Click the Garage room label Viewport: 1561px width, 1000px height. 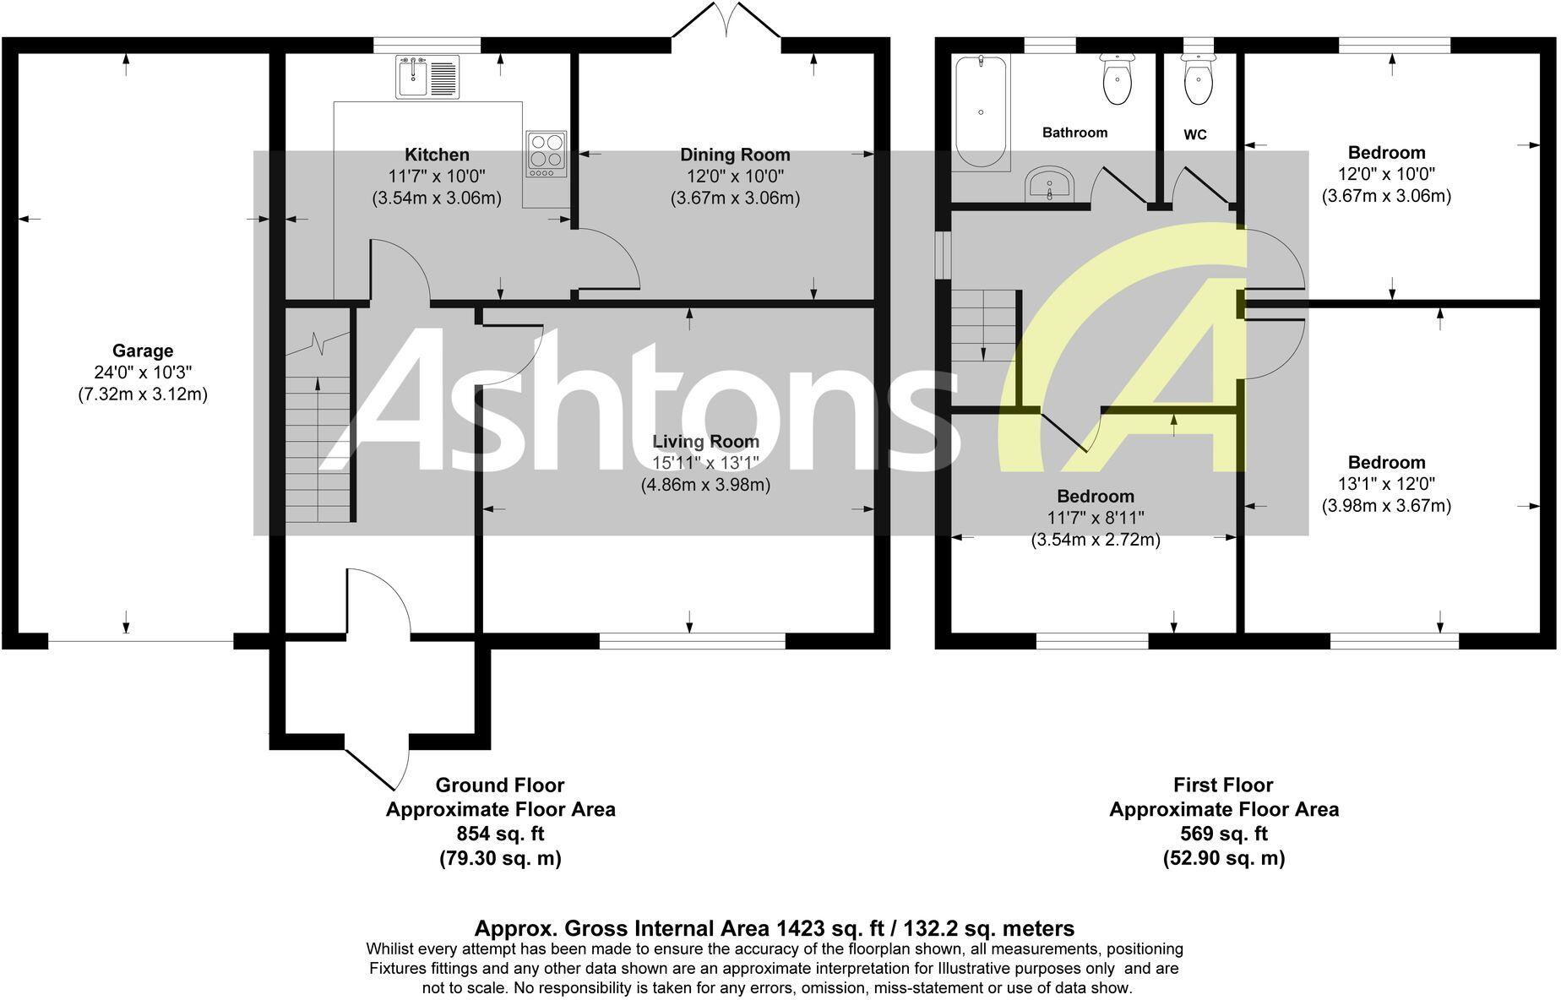click(143, 351)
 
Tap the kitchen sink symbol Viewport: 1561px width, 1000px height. click(427, 77)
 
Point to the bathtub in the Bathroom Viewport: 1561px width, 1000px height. click(980, 111)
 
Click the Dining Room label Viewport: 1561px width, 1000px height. click(735, 155)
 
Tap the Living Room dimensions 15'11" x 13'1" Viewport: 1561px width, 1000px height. click(705, 463)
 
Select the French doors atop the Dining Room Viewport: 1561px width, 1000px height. click(726, 21)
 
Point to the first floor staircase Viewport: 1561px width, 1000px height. click(985, 325)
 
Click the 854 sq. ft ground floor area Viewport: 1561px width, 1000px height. click(500, 834)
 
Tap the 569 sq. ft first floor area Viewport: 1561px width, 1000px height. click(1223, 834)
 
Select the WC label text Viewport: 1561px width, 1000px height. click(1194, 134)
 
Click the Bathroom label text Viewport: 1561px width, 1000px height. click(1074, 133)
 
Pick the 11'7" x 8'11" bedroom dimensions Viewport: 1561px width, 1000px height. click(1096, 518)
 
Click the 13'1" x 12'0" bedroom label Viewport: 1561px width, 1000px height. click(1386, 484)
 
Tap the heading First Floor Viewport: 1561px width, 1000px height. click(1223, 785)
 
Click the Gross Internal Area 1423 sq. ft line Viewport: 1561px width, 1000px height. click(774, 928)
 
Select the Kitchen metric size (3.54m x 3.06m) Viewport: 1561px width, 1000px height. click(437, 198)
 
